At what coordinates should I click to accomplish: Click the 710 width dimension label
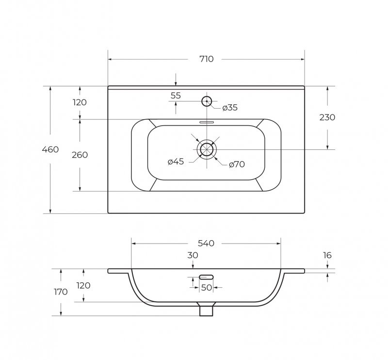(207, 59)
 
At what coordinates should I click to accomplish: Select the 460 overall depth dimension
(50, 149)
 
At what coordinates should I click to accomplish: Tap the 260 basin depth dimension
(80, 155)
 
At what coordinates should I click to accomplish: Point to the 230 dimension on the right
(327, 117)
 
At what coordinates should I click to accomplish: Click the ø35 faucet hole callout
(230, 108)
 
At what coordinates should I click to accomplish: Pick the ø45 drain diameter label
(176, 162)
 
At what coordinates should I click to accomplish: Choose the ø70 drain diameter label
(237, 164)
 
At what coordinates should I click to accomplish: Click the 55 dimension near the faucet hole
(176, 95)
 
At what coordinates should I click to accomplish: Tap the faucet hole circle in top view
(207, 97)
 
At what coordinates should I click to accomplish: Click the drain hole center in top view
(207, 149)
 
